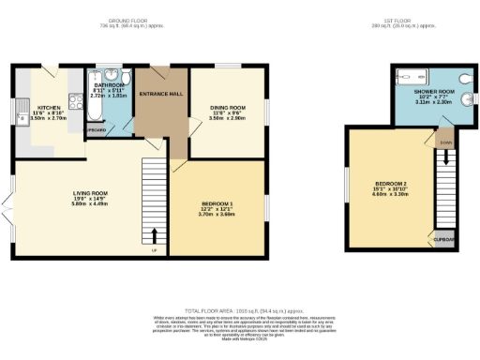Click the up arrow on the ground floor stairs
pos(154,233)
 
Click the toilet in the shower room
pos(465,80)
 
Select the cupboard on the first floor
pos(442,239)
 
